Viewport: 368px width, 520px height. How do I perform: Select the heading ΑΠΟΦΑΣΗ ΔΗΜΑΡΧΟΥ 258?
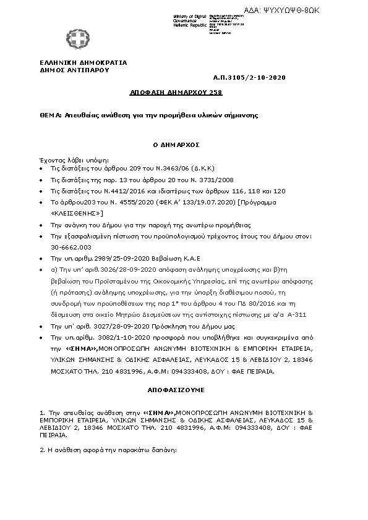(x=176, y=92)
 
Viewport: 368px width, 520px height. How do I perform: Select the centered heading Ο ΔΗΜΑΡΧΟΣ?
(x=175, y=144)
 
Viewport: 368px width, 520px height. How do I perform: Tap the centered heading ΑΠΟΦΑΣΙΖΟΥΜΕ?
(x=176, y=391)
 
